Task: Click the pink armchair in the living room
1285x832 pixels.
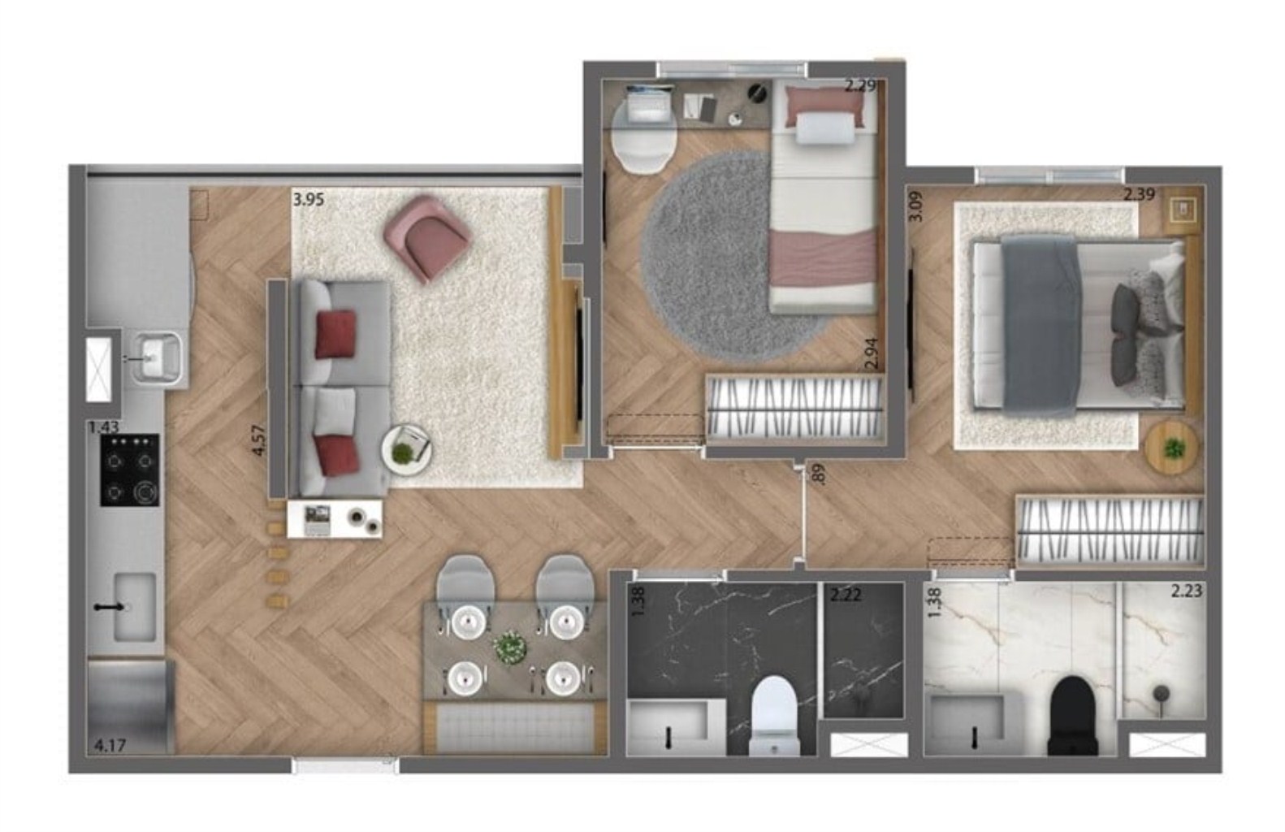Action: (x=427, y=236)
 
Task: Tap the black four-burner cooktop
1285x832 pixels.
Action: (x=130, y=470)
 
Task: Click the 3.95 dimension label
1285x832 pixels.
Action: (x=309, y=199)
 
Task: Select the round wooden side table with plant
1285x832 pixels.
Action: (x=1171, y=446)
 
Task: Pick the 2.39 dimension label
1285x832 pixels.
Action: (x=1139, y=194)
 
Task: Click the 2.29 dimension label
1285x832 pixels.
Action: (x=860, y=85)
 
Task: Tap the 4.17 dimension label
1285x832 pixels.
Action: (x=110, y=743)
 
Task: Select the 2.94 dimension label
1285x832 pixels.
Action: (x=872, y=356)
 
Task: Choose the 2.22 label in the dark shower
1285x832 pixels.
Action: (x=845, y=594)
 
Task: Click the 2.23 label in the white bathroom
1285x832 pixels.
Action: (x=1186, y=591)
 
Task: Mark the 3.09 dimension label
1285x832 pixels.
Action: (x=915, y=206)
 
